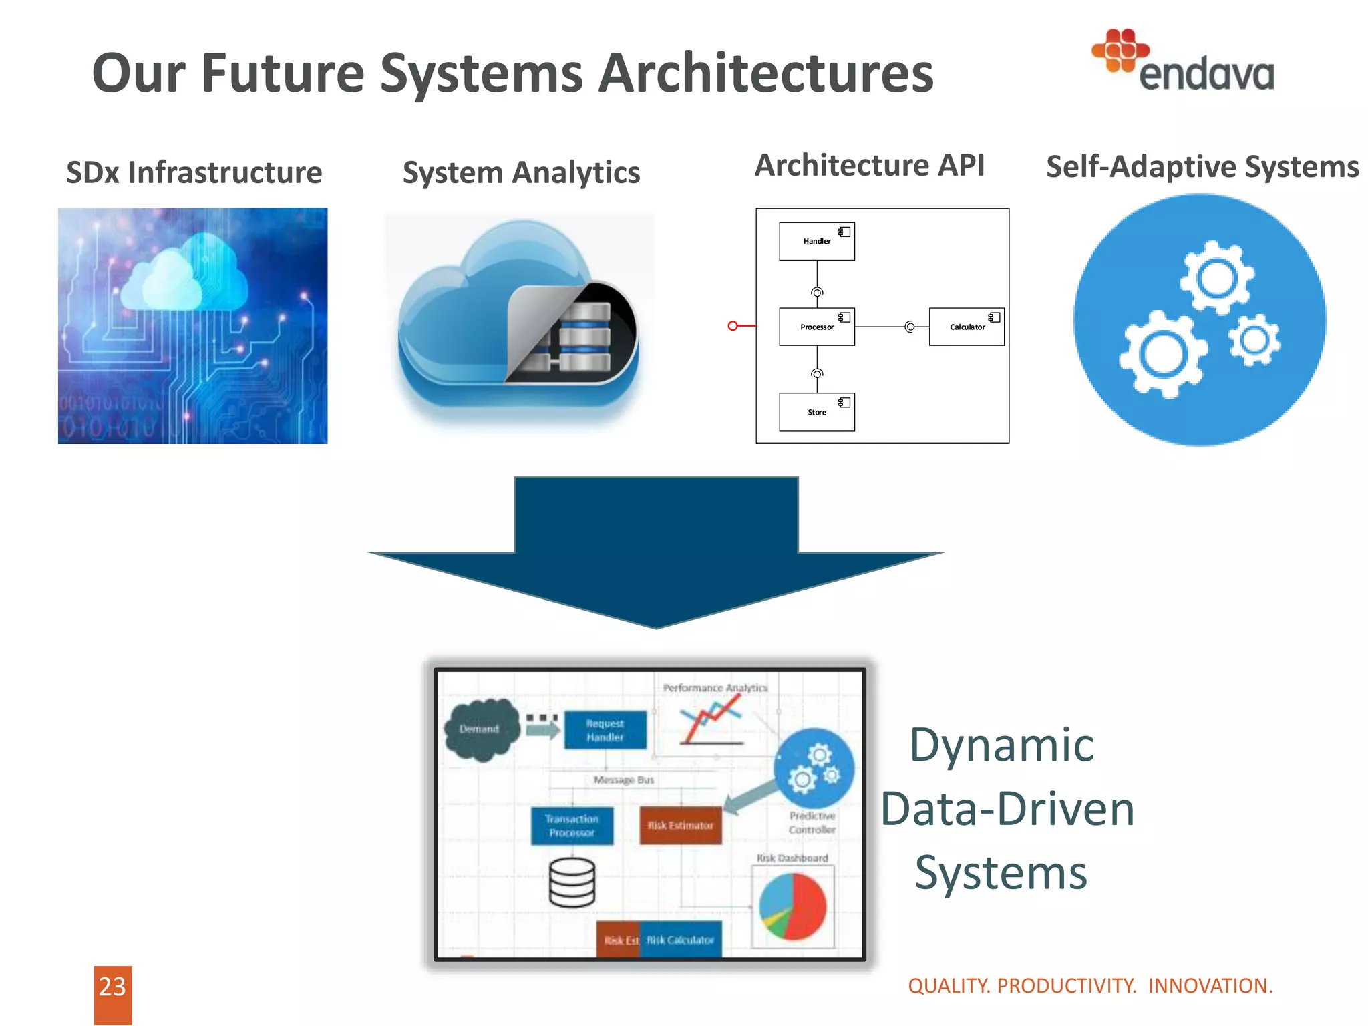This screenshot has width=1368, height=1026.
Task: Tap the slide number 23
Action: (x=112, y=987)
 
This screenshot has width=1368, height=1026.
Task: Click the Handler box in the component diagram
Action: (x=816, y=241)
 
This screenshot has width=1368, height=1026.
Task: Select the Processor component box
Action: (x=816, y=327)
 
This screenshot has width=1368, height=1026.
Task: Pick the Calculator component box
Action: (x=966, y=327)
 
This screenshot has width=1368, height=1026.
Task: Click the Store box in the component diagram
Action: (x=816, y=412)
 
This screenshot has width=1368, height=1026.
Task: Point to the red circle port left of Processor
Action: (x=733, y=326)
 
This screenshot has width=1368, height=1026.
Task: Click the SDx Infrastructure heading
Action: (x=194, y=172)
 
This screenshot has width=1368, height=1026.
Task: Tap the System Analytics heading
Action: (x=521, y=172)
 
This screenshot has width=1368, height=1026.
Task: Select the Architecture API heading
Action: (x=869, y=165)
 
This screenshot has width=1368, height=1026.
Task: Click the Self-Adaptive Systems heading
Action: (x=1202, y=166)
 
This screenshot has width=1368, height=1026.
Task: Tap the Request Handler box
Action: (x=605, y=730)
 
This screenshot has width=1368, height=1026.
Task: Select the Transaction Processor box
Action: (x=572, y=826)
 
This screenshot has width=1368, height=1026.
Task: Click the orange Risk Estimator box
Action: (x=680, y=826)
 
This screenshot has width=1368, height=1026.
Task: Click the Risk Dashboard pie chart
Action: (x=793, y=906)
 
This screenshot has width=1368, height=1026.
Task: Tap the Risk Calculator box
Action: (x=680, y=940)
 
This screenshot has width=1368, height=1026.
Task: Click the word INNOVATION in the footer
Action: (x=1210, y=986)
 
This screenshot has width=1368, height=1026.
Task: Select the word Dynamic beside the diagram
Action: (x=1001, y=745)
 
